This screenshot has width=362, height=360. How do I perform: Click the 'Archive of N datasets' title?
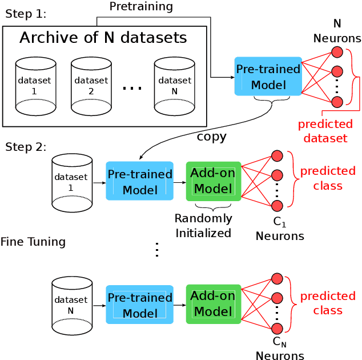(x=103, y=38)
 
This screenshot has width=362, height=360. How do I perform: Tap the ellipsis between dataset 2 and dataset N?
(x=132, y=88)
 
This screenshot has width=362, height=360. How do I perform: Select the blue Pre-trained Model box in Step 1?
(x=268, y=76)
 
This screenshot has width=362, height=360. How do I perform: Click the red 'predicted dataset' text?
(x=325, y=131)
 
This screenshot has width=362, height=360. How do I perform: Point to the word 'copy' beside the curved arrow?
(x=211, y=137)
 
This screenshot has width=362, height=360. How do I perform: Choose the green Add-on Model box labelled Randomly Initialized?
(x=214, y=181)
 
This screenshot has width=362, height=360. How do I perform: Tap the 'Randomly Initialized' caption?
(x=203, y=225)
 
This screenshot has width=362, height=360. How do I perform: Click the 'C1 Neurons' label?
(x=279, y=229)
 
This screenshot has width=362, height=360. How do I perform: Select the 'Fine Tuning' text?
(x=33, y=242)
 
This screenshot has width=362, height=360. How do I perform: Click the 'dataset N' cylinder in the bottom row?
(x=72, y=305)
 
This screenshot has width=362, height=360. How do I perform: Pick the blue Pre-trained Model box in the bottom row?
(x=140, y=305)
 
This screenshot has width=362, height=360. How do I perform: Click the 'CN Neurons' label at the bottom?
(x=279, y=349)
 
